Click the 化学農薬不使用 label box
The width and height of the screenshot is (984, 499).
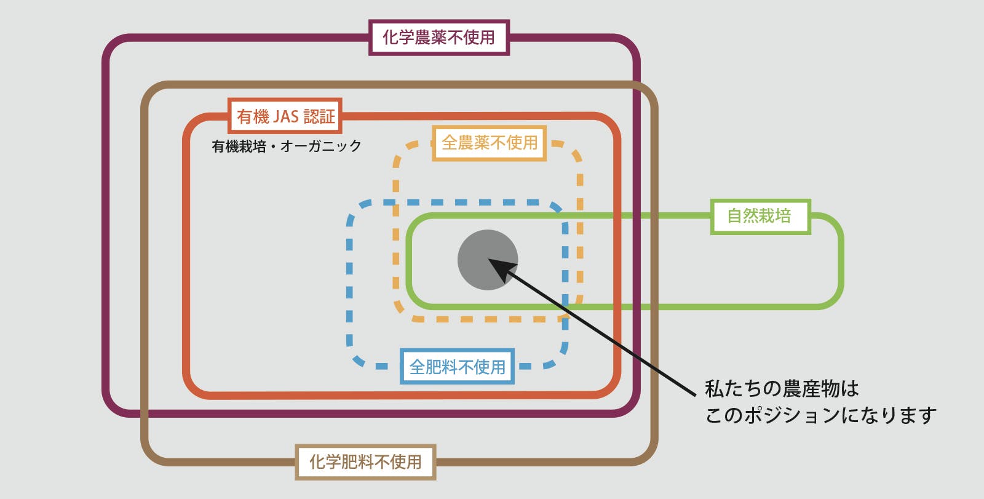pyautogui.click(x=438, y=38)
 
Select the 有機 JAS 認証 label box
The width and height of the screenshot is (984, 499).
pyautogui.click(x=285, y=116)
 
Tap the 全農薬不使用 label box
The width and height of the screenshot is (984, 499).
pyautogui.click(x=490, y=143)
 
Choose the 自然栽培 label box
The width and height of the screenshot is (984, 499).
pyautogui.click(x=760, y=216)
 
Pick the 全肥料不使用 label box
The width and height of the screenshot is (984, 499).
pyautogui.click(x=457, y=367)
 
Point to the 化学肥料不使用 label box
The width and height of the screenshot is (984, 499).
pyautogui.click(x=365, y=461)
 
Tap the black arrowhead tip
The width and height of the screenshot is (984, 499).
pyautogui.click(x=490, y=260)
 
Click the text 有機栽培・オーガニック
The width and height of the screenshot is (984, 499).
pyautogui.click(x=287, y=146)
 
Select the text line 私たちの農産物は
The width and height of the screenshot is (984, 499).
pyautogui.click(x=782, y=389)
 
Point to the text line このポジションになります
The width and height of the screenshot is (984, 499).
pyautogui.click(x=820, y=415)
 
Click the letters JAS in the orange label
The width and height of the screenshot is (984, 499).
pyautogui.click(x=285, y=116)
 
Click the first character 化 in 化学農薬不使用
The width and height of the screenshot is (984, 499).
pyautogui.click(x=391, y=38)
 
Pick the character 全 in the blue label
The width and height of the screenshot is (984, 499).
pyautogui.click(x=418, y=367)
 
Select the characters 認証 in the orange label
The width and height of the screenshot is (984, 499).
pyautogui.click(x=320, y=116)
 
